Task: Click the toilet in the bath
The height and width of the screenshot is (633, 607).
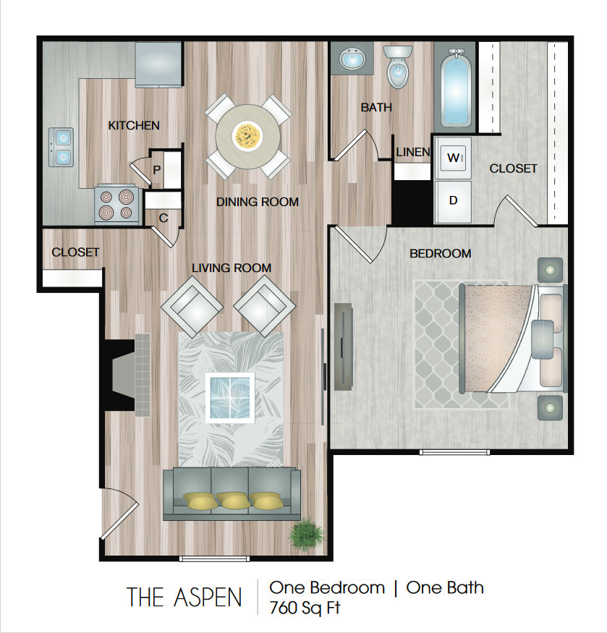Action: pyautogui.click(x=398, y=66)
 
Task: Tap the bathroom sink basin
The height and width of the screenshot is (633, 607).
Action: pyautogui.click(x=351, y=59)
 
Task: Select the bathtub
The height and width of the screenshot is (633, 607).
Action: pyautogui.click(x=456, y=89)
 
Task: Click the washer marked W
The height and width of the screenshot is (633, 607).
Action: pyautogui.click(x=453, y=158)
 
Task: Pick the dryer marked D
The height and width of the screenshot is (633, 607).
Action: pyautogui.click(x=453, y=201)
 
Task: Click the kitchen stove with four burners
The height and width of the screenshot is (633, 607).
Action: pyautogui.click(x=116, y=204)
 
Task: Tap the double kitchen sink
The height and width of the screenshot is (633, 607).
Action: pyautogui.click(x=61, y=147)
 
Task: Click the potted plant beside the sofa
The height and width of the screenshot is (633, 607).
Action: pyautogui.click(x=307, y=534)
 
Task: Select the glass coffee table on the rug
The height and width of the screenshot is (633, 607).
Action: pyautogui.click(x=230, y=398)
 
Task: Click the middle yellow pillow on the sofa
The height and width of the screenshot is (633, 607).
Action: pyautogui.click(x=234, y=501)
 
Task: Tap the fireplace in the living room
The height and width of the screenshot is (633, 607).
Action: pyautogui.click(x=126, y=375)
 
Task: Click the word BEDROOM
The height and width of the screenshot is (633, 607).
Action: pyautogui.click(x=440, y=253)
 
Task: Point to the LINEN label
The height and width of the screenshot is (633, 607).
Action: pyautogui.click(x=412, y=152)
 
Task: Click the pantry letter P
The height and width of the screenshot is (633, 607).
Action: pyautogui.click(x=157, y=170)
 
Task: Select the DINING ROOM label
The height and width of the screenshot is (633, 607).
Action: pyautogui.click(x=258, y=202)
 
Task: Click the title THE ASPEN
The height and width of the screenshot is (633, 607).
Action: pyautogui.click(x=184, y=597)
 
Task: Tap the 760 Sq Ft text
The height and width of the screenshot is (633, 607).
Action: pyautogui.click(x=305, y=608)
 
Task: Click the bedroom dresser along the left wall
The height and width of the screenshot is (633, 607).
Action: pyautogui.click(x=344, y=347)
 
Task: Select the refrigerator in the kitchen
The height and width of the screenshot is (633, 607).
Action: pyautogui.click(x=158, y=64)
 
